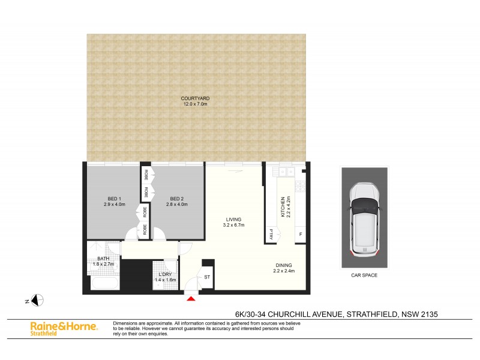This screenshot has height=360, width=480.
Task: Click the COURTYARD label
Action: (196, 98)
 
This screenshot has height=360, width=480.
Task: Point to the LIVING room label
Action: (234, 220)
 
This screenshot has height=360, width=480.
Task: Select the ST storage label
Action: (208, 277)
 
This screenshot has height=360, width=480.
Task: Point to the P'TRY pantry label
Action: (272, 235)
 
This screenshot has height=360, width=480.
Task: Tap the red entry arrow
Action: (191, 298)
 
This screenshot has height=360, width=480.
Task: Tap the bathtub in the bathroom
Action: (104, 283)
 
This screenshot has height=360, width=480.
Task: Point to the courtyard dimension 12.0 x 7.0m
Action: (196, 104)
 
